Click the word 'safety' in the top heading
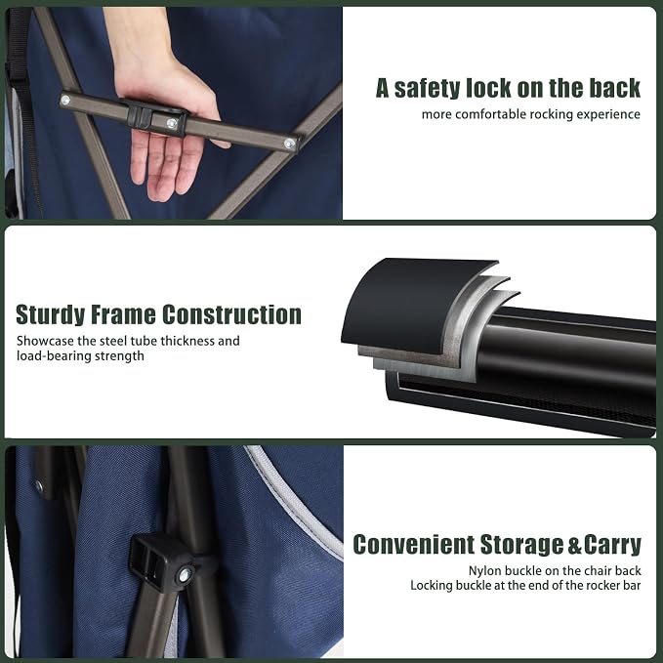427,89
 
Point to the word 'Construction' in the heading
231,315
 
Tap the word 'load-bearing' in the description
54,356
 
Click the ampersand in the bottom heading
574,545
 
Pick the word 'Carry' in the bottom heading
612,545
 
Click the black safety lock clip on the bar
154,117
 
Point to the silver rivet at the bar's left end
65,101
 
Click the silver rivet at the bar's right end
289,144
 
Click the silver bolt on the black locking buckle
185,574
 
